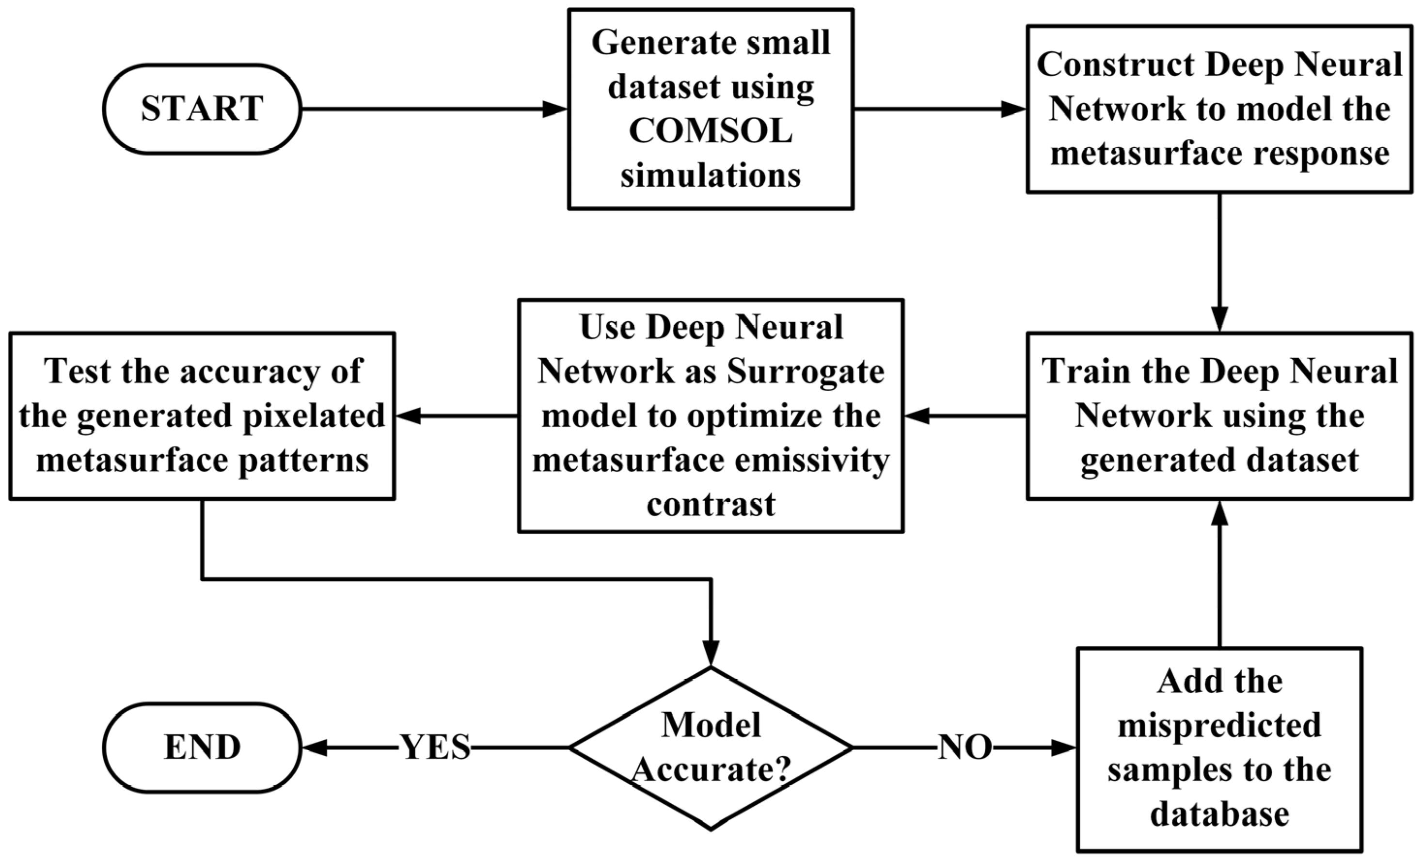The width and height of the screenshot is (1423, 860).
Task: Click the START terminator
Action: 202,109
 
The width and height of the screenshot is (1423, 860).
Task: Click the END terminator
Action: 202,748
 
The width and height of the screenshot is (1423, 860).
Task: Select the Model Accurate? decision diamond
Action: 711,748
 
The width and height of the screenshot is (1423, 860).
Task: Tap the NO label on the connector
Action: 964,748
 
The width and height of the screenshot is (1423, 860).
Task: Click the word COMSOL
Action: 711,131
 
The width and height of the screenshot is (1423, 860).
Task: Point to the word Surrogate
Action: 805,371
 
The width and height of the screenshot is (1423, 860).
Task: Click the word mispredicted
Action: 1219,725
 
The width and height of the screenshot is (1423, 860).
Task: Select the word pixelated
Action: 314,416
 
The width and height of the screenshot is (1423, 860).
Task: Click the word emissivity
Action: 805,461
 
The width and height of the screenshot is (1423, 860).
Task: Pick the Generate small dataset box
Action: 711,109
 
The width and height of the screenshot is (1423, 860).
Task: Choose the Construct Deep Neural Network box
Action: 1219,109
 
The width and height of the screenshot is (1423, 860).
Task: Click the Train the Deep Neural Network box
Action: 1219,416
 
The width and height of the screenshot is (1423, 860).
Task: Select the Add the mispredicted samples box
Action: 1219,749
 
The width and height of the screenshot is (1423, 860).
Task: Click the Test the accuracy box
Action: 202,416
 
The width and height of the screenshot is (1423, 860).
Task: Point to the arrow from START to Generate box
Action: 433,109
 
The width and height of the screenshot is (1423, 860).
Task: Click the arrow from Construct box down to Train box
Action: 1219,263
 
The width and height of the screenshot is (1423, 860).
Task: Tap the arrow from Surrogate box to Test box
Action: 456,416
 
